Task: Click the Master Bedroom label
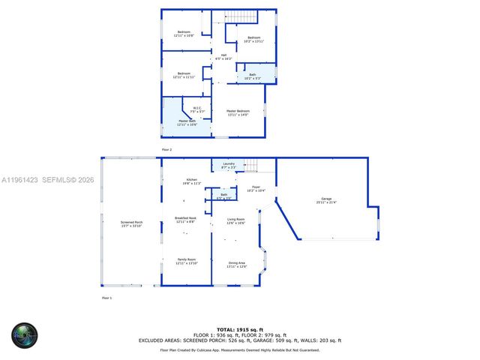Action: (238, 112)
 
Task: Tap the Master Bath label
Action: (187, 122)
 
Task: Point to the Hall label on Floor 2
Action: (223, 56)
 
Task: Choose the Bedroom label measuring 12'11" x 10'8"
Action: (184, 34)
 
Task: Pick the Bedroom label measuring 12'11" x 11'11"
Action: (184, 75)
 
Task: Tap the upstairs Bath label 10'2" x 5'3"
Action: (252, 76)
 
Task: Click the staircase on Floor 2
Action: (241, 17)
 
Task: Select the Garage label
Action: (326, 200)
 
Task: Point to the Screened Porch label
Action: (132, 223)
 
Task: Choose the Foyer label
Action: (256, 189)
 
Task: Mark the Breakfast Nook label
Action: (185, 220)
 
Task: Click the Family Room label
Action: (185, 262)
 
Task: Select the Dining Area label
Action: (237, 265)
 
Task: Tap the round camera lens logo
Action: (24, 335)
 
